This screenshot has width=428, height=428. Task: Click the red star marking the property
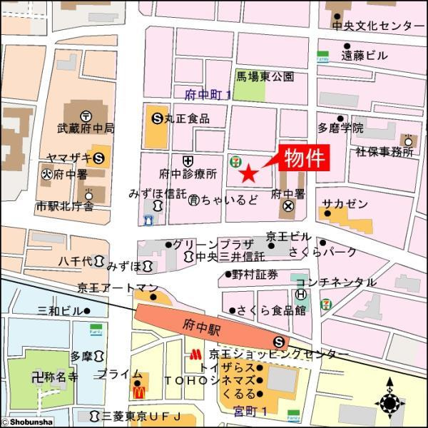pyautogui.click(x=248, y=173)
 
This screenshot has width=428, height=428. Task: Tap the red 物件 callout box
pyautogui.click(x=305, y=159)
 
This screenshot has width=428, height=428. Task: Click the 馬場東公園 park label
pyautogui.click(x=265, y=76)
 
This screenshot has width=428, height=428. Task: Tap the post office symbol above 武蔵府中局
pyautogui.click(x=86, y=115)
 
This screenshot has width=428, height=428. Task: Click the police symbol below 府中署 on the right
pyautogui.click(x=288, y=207)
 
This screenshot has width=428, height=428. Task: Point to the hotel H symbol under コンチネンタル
pyautogui.click(x=301, y=294)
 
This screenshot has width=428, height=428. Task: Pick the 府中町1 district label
pyautogui.click(x=208, y=93)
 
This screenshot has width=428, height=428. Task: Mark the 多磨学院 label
pyautogui.click(x=340, y=128)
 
